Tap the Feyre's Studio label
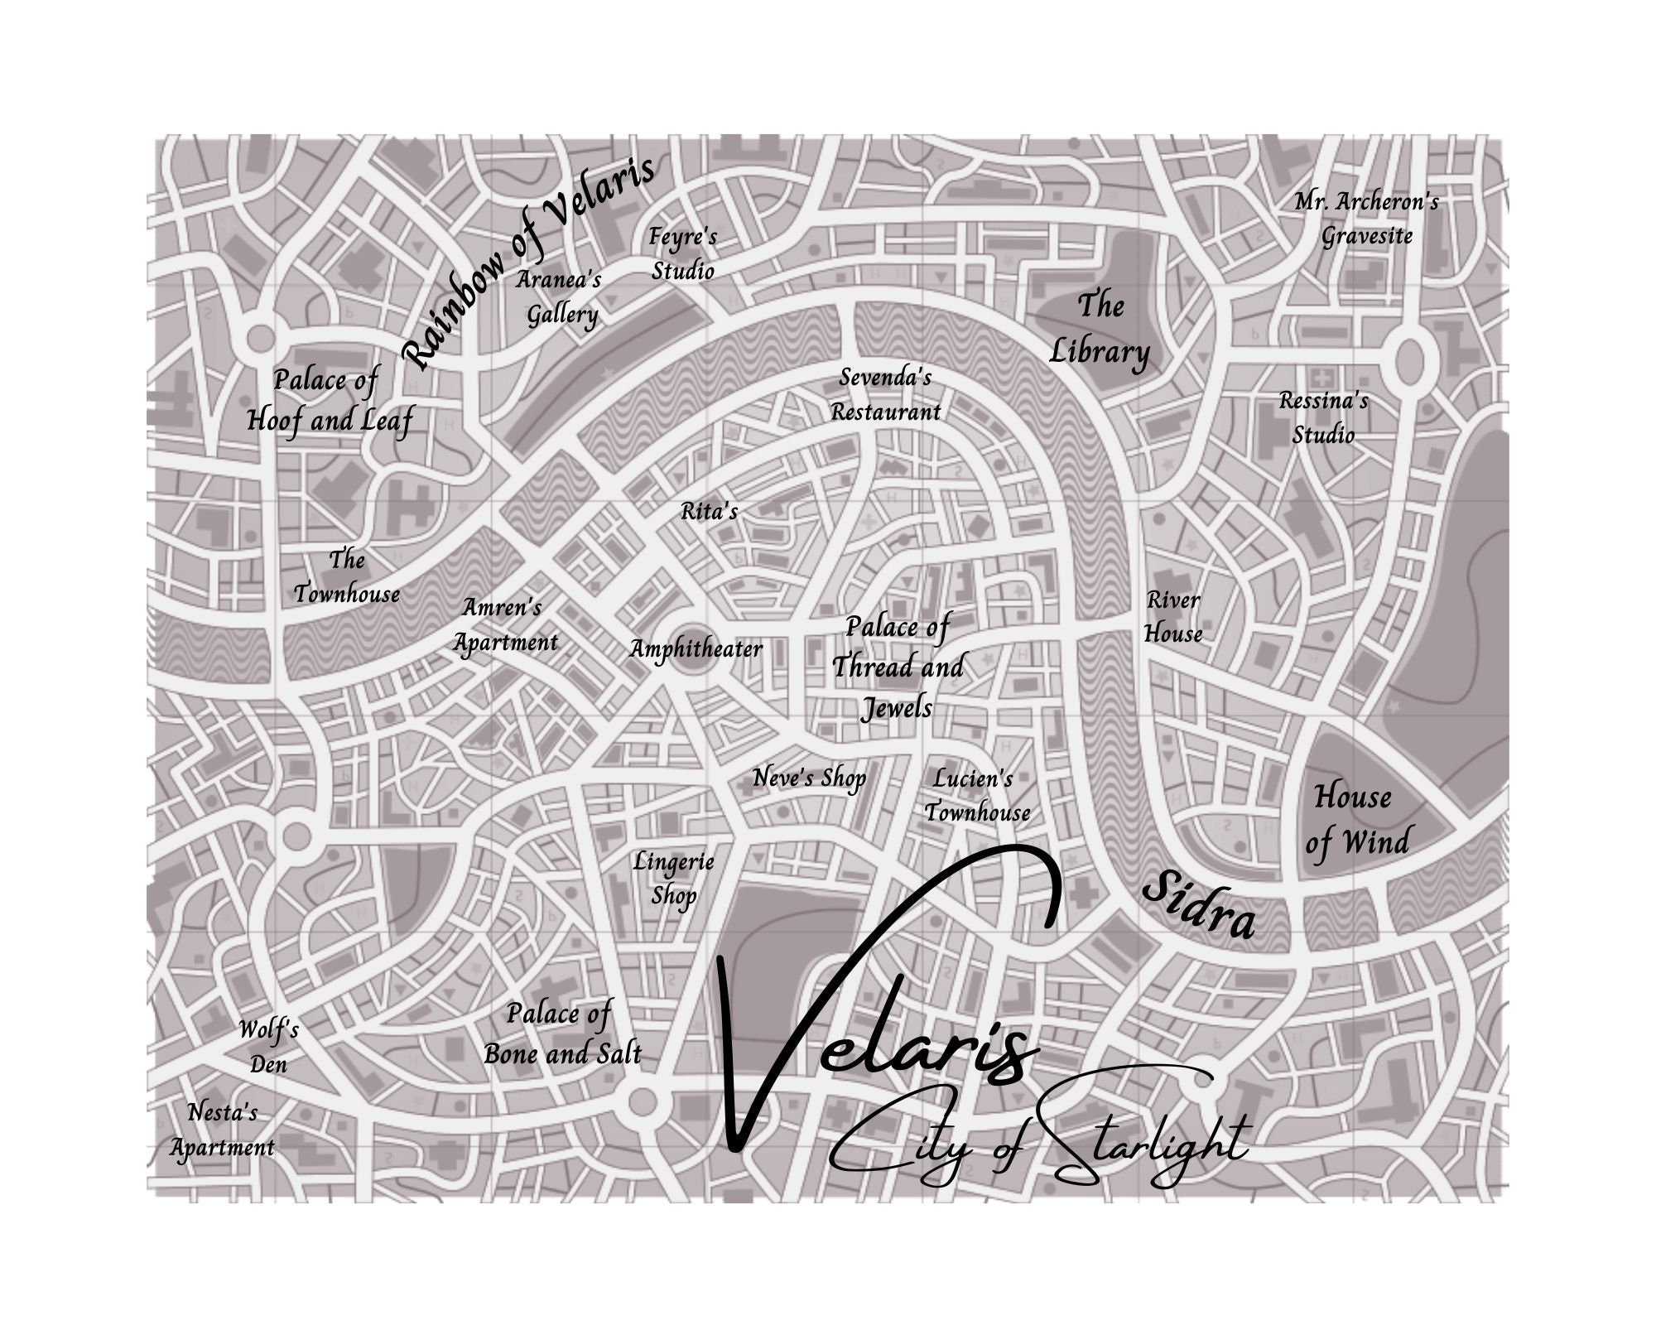coord(682,253)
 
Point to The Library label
coord(1100,329)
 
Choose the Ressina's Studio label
coord(1324,418)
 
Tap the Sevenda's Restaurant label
coord(886,394)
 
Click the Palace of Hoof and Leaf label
coord(329,401)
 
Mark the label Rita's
coord(709,512)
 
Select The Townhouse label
coord(347,576)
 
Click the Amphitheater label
coord(696,648)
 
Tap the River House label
coord(1172,617)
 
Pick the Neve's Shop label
coord(809,778)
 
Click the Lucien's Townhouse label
coord(977,796)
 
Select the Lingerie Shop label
coord(673,879)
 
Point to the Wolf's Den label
coord(268,1047)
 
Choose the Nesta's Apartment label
coord(222,1130)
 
